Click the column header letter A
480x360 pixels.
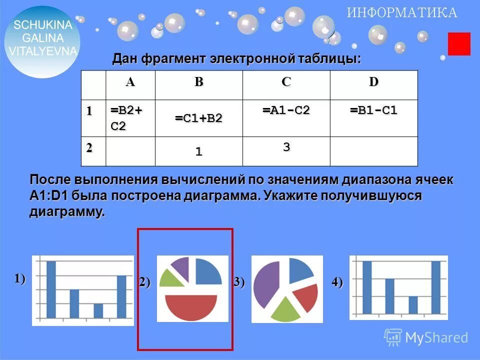[x=130, y=82]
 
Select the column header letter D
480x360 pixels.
[x=373, y=82]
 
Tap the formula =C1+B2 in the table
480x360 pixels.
[x=198, y=118]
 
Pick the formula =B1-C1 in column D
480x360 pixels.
[x=373, y=110]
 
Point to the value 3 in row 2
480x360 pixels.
[x=286, y=147]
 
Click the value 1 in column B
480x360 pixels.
[x=198, y=152]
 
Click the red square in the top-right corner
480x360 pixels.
[x=459, y=44]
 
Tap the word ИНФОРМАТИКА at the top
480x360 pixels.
[x=402, y=13]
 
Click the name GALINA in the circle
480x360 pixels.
[x=43, y=37]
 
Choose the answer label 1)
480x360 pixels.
[x=20, y=278]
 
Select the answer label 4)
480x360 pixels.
[x=337, y=282]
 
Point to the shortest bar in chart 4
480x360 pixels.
[x=412, y=304]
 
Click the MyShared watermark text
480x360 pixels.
[x=436, y=338]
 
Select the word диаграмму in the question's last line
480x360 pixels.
[x=67, y=211]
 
